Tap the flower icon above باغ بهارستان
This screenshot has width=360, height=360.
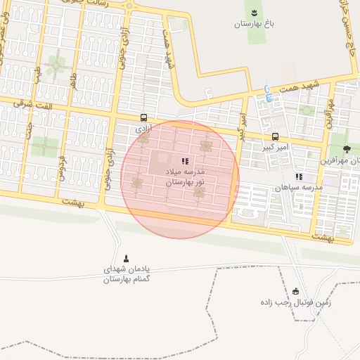point(254,11)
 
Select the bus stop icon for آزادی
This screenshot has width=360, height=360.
point(144,118)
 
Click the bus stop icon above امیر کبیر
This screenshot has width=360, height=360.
point(275,136)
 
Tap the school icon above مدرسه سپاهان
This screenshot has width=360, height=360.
point(299,176)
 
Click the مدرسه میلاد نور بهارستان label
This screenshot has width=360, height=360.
point(185,177)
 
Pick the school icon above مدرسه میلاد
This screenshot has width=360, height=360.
point(185,161)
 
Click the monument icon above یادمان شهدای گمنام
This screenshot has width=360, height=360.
point(127,258)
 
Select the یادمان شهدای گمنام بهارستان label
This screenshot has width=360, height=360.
point(127,274)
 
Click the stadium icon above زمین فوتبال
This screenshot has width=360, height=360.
point(295,292)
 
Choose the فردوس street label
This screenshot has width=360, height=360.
point(62,165)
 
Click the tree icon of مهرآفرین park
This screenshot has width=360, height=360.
point(347,148)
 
